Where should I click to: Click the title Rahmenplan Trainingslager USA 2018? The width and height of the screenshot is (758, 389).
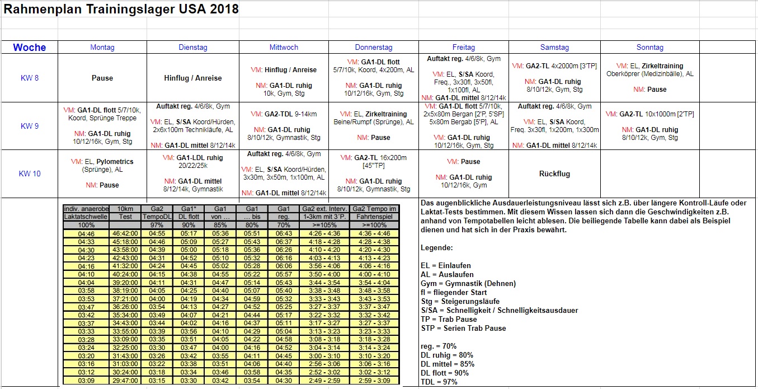point(121,9)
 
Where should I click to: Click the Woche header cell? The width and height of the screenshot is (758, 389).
point(30,48)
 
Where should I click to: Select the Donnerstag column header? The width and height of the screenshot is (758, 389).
point(374,48)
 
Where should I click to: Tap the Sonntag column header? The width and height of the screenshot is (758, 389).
point(649,48)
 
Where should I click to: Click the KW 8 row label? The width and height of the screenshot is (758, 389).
point(29,78)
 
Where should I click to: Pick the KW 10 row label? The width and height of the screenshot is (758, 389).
point(30,174)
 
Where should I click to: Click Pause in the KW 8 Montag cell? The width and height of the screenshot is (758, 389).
point(102,78)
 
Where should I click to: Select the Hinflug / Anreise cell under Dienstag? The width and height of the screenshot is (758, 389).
point(193,78)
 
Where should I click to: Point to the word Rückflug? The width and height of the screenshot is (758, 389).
point(554,174)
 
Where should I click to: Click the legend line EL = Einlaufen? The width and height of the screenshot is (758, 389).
point(445,265)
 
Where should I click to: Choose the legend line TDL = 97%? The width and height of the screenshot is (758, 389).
point(439,382)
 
